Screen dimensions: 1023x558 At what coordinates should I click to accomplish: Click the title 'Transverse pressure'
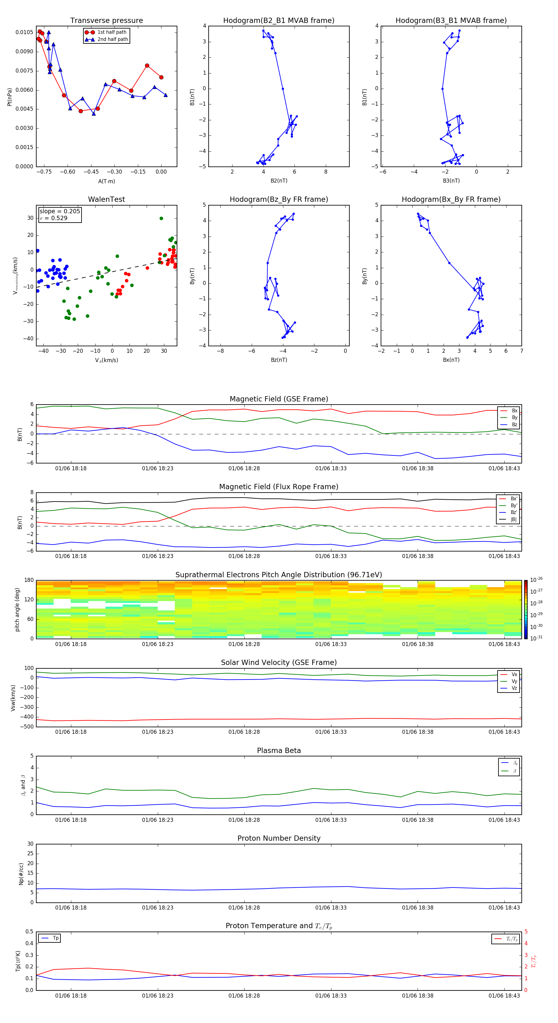(x=106, y=21)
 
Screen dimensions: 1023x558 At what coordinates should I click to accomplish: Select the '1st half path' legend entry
(x=112, y=32)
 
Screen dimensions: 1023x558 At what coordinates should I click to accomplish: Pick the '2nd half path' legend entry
(x=113, y=39)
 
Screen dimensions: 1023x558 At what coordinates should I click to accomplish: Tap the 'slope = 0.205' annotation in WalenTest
(x=60, y=211)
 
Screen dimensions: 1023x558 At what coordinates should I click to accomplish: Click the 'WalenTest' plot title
(x=106, y=199)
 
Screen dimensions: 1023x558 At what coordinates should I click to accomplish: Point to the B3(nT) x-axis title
(x=451, y=181)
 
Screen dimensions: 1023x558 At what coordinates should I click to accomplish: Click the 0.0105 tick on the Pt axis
(x=24, y=32)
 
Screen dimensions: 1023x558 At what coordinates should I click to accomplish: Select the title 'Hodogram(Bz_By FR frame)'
(x=279, y=199)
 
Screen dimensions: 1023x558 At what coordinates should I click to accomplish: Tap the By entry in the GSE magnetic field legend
(x=514, y=417)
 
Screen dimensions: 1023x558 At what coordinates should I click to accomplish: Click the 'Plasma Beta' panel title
(x=279, y=751)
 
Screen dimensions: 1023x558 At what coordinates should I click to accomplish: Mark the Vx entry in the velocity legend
(x=514, y=674)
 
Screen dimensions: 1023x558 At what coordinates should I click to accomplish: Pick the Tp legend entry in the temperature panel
(x=55, y=938)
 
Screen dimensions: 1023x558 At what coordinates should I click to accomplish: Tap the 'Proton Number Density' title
(x=279, y=838)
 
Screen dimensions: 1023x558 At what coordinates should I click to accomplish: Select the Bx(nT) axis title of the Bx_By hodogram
(x=451, y=360)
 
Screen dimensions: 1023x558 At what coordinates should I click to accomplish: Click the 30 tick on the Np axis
(x=30, y=844)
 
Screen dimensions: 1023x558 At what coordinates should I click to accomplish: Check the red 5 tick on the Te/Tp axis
(x=526, y=932)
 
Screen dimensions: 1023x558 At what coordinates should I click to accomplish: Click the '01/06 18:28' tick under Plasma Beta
(x=244, y=820)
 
